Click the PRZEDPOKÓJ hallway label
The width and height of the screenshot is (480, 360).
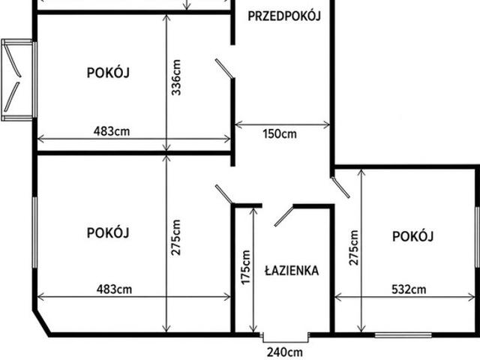[x=284, y=16]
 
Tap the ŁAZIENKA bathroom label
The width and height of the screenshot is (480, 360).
[x=292, y=271]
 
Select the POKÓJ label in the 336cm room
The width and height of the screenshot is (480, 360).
[x=108, y=73]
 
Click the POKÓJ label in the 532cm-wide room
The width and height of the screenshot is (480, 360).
[x=413, y=236]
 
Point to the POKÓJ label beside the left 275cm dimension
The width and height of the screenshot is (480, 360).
[x=108, y=232]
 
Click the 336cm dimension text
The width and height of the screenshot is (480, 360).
[x=177, y=77]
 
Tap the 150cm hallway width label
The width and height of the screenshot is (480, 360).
[x=280, y=133]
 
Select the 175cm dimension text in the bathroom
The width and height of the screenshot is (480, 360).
[x=246, y=267]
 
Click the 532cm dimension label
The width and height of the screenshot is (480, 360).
[x=409, y=289]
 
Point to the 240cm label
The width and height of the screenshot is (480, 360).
[x=285, y=352]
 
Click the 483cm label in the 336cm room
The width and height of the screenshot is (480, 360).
[x=112, y=131]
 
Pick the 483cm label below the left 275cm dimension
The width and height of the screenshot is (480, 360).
[x=114, y=289]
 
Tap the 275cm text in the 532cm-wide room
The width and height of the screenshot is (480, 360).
[x=353, y=247]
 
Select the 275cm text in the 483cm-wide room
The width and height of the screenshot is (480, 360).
[x=176, y=238]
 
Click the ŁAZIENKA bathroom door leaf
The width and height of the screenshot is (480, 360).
[x=283, y=216]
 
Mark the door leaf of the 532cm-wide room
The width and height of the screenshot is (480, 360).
[x=340, y=187]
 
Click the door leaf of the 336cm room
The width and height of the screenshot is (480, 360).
[x=225, y=68]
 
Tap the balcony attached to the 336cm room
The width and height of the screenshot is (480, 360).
[x=17, y=79]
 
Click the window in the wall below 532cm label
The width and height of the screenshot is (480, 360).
[x=403, y=335]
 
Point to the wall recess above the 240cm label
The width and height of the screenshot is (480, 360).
[x=286, y=337]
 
